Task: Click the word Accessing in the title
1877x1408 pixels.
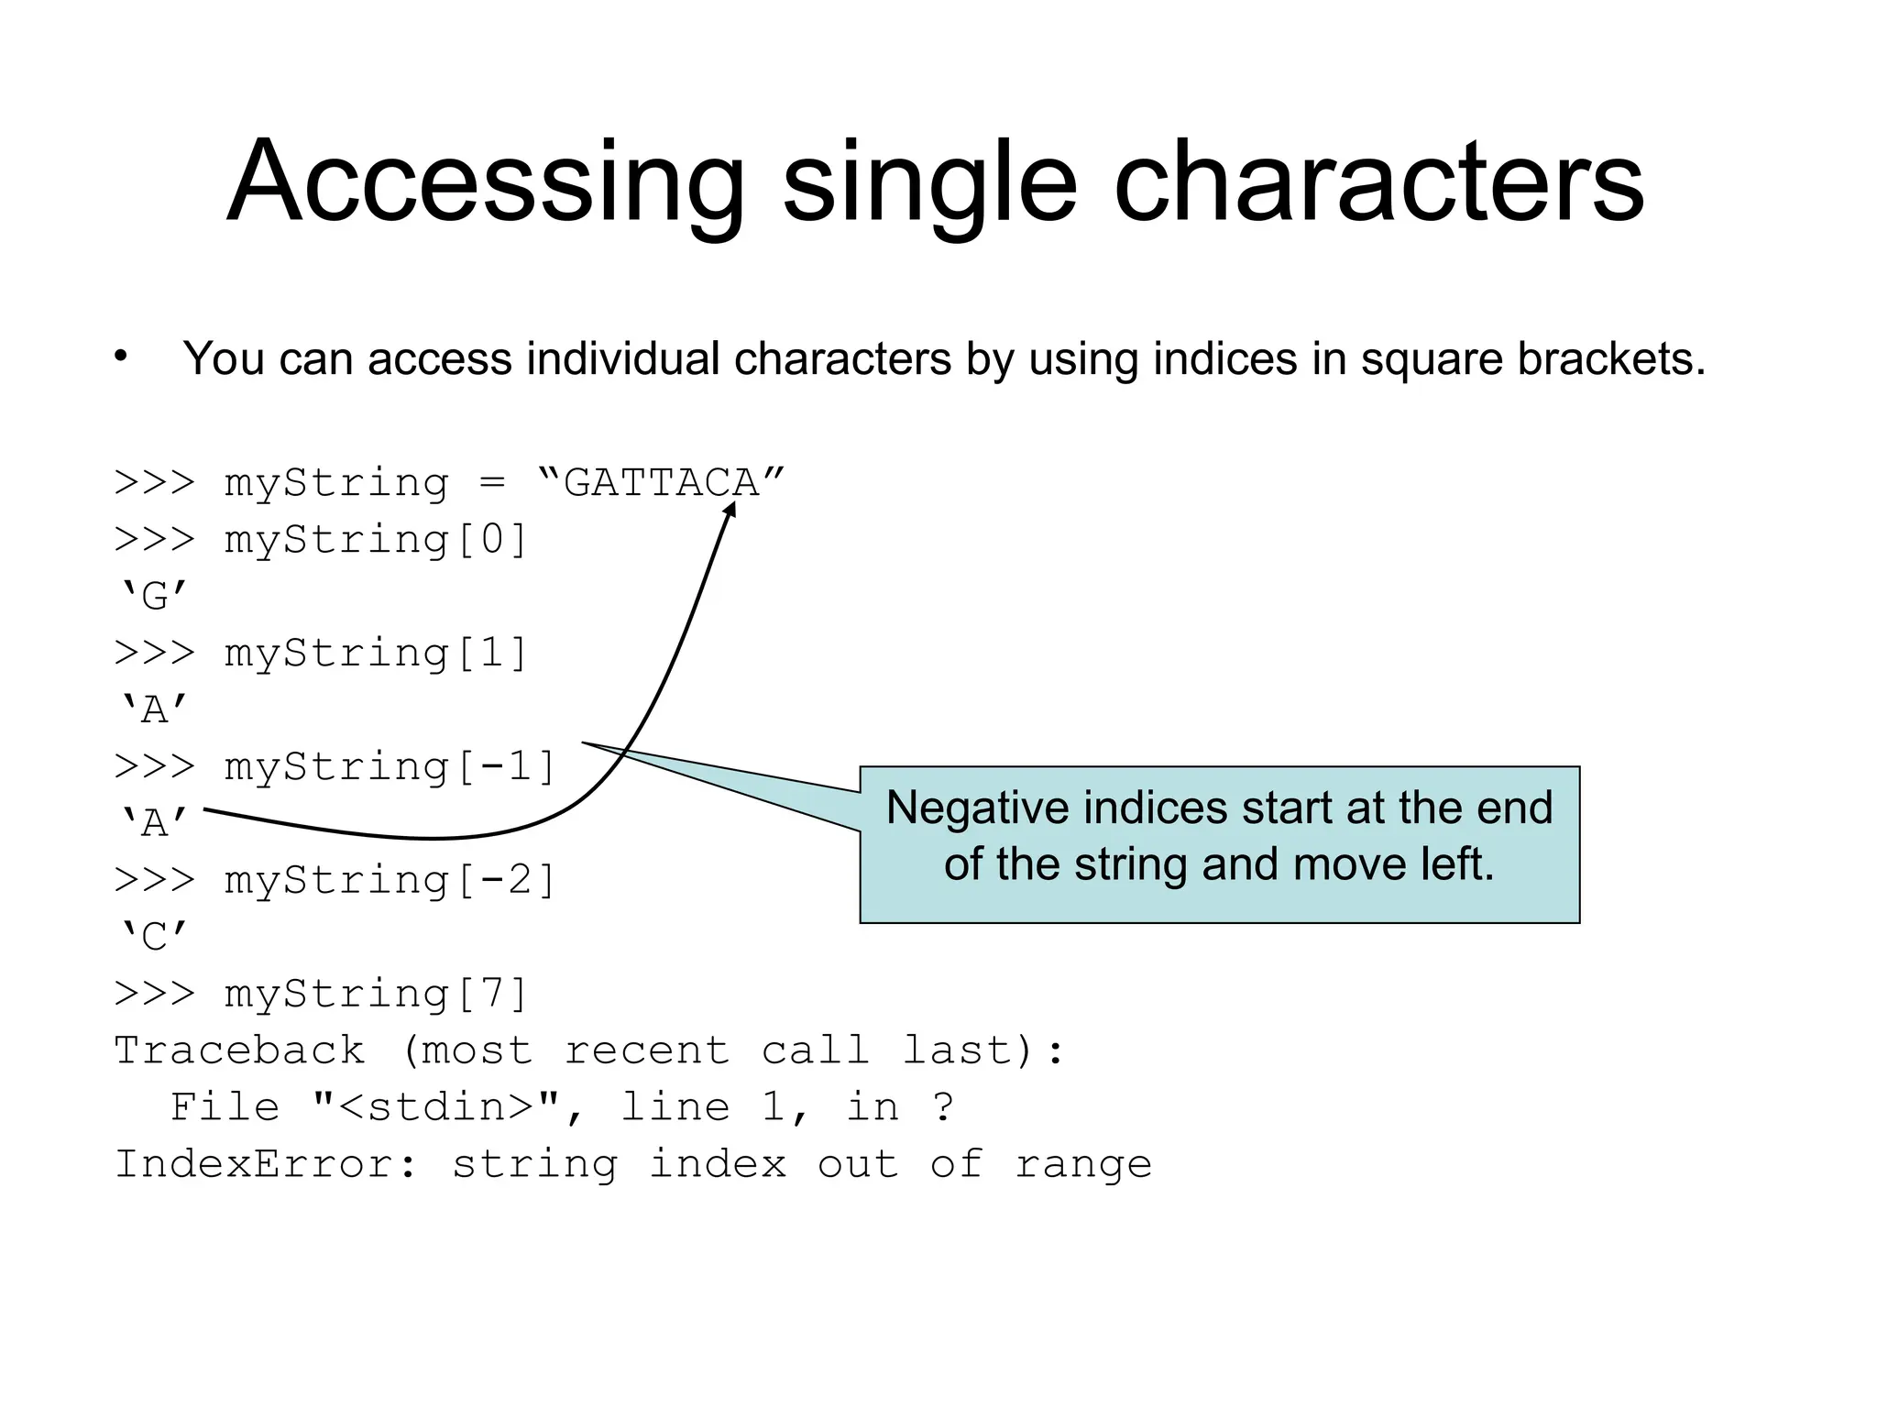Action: pos(485,183)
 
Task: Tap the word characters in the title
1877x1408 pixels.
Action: pos(1378,183)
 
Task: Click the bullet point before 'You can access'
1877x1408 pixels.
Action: pos(121,357)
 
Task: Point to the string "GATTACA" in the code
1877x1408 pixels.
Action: pos(661,483)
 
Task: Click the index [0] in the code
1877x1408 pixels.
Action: pos(492,540)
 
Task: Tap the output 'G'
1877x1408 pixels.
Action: pos(153,597)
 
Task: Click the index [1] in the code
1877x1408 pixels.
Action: pos(492,654)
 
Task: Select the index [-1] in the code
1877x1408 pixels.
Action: pos(506,767)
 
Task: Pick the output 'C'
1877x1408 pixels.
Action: pos(153,938)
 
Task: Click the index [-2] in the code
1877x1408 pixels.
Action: pos(506,881)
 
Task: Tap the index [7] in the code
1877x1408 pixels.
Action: pos(492,995)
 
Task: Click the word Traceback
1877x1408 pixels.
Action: pos(239,1051)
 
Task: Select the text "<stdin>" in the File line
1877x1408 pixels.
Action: pos(436,1107)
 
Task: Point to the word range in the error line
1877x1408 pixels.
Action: pos(1083,1165)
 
